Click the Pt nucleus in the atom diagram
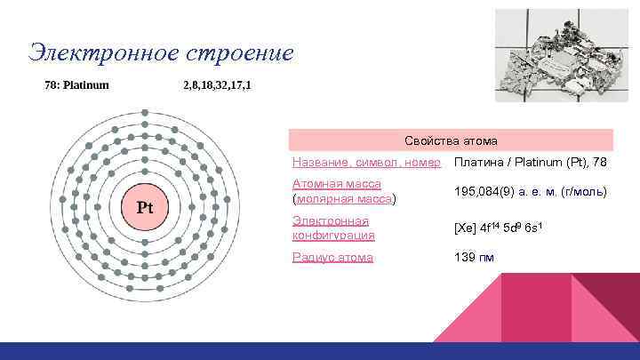144,208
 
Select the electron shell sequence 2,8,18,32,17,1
216,85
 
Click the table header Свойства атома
451,140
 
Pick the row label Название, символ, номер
366,163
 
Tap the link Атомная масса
337,184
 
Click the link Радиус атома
332,257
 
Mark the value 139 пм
474,257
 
